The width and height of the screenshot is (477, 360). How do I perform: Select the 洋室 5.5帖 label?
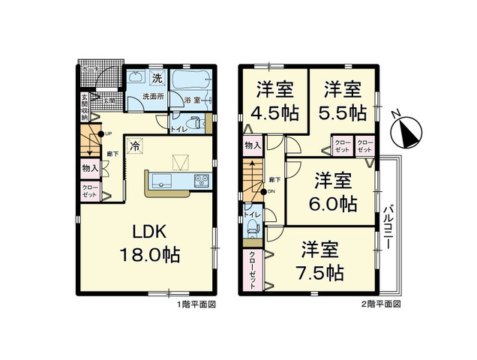(344, 101)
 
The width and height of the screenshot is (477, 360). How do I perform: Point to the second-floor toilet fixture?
(252, 226)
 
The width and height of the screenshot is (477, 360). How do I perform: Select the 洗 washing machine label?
(157, 78)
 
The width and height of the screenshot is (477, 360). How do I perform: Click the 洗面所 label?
(154, 97)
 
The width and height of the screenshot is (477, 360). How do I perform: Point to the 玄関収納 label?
(85, 109)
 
